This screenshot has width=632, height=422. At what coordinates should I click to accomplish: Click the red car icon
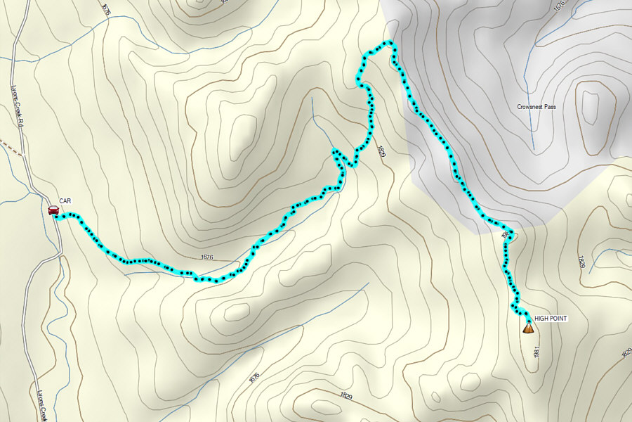pos(53,210)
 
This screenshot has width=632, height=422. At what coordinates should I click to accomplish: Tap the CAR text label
pos(65,201)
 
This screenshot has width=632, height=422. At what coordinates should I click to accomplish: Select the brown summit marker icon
pos(527,327)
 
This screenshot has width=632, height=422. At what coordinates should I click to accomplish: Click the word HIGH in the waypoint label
pos(542,319)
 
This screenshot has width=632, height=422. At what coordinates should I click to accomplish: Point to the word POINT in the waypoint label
pos(559,319)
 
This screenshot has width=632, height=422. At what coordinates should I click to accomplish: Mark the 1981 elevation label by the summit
pos(536,351)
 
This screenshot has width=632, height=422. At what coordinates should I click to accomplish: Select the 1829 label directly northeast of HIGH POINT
pos(582,262)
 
